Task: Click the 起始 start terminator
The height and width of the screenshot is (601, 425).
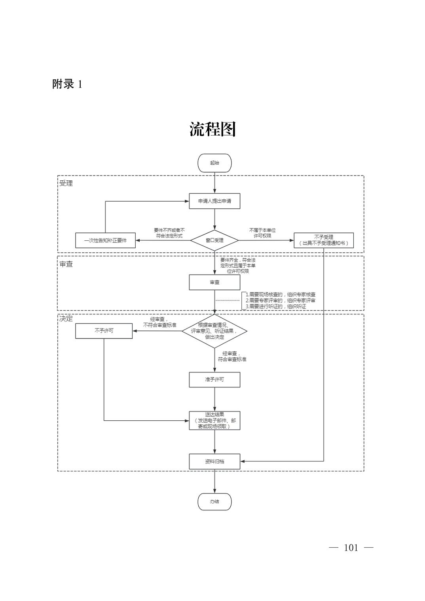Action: (x=214, y=163)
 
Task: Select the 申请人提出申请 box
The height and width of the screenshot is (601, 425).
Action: (x=214, y=201)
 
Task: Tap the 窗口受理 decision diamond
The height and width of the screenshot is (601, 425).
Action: (x=214, y=240)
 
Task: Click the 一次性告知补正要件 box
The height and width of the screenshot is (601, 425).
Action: (x=105, y=240)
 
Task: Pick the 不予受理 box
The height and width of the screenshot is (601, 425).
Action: (x=323, y=240)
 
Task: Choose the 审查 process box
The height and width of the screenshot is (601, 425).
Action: (x=214, y=282)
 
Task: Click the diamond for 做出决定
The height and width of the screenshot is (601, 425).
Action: (x=214, y=331)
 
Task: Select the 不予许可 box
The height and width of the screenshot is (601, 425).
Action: (x=104, y=331)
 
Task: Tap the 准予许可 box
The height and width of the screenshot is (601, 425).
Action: (x=214, y=380)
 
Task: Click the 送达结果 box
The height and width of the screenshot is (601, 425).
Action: (x=214, y=421)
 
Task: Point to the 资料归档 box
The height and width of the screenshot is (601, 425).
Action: (x=214, y=461)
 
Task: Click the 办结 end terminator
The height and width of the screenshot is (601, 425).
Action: (x=214, y=502)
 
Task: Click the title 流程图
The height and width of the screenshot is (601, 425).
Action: (x=212, y=129)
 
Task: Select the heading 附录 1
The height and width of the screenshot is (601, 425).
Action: (x=67, y=84)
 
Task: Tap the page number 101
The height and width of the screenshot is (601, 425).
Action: (x=351, y=548)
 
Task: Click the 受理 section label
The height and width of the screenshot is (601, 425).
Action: (x=66, y=183)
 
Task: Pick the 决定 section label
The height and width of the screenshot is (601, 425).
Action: (x=66, y=319)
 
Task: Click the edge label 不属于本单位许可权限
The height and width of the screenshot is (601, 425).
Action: (x=262, y=233)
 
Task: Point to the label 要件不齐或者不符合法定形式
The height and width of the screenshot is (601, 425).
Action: (x=169, y=233)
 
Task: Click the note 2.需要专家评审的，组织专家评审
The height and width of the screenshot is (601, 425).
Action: (x=280, y=300)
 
